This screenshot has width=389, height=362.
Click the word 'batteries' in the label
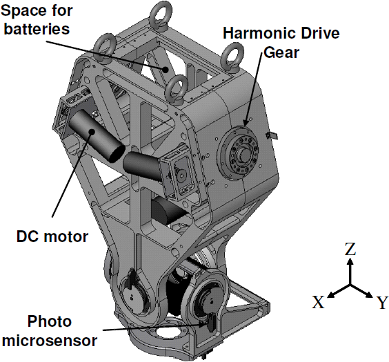[x=37, y=29]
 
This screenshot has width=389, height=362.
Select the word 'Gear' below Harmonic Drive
[x=281, y=52]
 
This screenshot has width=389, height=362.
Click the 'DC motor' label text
[x=52, y=237]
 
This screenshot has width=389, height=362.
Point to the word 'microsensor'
[x=50, y=341]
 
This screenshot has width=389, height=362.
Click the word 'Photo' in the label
[x=50, y=321]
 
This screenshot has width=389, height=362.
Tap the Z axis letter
[x=350, y=249]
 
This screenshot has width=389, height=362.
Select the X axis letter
[x=318, y=302]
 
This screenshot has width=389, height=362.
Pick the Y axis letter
[x=382, y=303]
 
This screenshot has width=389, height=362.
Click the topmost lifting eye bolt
[x=161, y=15]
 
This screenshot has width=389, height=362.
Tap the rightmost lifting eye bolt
[x=232, y=57]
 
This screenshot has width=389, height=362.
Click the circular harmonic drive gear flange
[x=238, y=152]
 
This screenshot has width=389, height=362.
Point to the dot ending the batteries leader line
[x=166, y=70]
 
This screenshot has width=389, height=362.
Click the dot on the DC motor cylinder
[x=92, y=132]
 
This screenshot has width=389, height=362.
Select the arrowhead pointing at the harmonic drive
[x=246, y=123]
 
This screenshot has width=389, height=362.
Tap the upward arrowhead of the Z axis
[x=350, y=261]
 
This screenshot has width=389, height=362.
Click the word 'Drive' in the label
[x=320, y=33]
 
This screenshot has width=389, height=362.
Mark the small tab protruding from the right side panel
[x=272, y=135]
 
